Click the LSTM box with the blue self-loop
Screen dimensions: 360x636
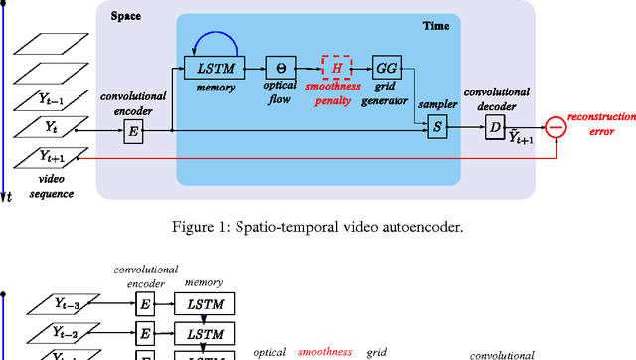tap(213, 68)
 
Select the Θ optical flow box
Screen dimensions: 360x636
tap(280, 68)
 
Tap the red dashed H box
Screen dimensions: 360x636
tap(336, 68)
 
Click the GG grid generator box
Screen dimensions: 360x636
tap(386, 68)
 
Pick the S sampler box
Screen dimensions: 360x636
tap(436, 127)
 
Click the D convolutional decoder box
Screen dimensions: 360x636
tap(494, 127)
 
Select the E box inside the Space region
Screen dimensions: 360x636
tap(133, 129)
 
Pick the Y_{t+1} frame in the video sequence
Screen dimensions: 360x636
tap(45, 155)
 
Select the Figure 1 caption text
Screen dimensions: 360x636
tap(317, 226)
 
